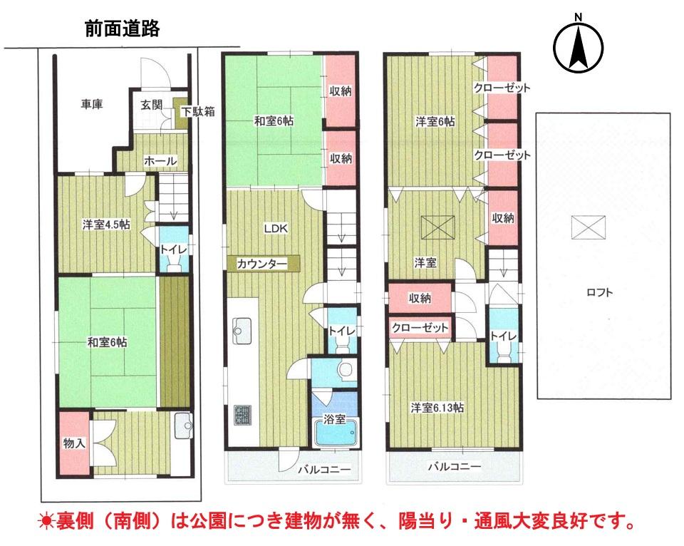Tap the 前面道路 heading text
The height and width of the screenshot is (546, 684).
122,29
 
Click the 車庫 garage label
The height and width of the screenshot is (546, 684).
92,104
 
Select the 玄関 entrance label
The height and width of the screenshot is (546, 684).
151,105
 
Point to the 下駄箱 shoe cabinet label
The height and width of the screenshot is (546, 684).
199,111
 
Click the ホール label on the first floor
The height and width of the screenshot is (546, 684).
160,160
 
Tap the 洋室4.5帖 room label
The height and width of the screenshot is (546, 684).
106,225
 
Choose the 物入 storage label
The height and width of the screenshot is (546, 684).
74,443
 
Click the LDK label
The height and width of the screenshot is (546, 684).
276,228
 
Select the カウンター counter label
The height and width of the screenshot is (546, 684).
262,264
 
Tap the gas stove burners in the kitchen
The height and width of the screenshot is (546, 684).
242,415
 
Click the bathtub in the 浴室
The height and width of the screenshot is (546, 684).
336,432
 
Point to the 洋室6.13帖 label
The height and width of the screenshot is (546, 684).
437,408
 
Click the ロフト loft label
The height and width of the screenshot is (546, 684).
599,292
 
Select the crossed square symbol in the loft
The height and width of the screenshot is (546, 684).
589,227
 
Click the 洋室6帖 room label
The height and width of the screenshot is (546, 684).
435,121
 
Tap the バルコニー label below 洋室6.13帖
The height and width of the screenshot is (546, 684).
455,466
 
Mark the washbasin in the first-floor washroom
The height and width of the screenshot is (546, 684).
183,426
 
